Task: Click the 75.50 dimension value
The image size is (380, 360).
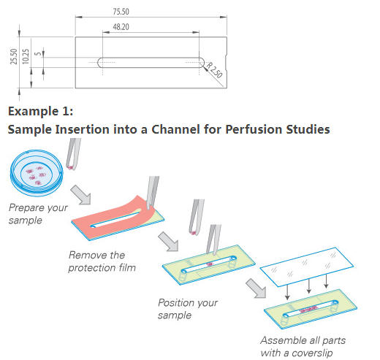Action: pyautogui.click(x=121, y=12)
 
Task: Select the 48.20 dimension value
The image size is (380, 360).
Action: pyautogui.click(x=121, y=27)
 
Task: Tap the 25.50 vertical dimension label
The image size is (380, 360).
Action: pyautogui.click(x=14, y=56)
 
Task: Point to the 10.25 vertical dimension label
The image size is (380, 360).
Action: pyautogui.click(x=26, y=56)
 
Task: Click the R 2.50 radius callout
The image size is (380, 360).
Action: pyautogui.click(x=214, y=70)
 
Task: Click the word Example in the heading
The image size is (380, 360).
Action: pyautogui.click(x=34, y=112)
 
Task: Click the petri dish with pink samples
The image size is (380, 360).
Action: pyautogui.click(x=37, y=173)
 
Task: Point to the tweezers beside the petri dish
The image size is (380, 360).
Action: pyautogui.click(x=73, y=154)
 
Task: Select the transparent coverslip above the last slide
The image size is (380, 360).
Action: pyautogui.click(x=307, y=267)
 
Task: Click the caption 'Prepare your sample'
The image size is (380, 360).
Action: pyautogui.click(x=38, y=214)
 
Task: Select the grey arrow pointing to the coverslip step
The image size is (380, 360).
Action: pyautogui.click(x=256, y=288)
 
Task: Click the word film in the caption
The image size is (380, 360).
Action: pyautogui.click(x=127, y=267)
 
